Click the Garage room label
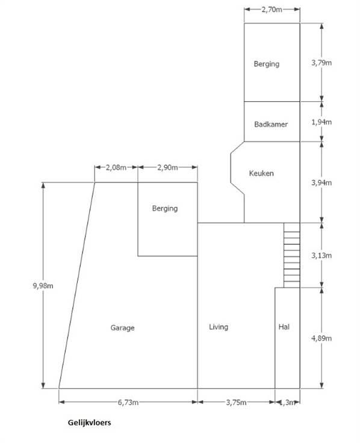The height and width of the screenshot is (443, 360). point(122,327)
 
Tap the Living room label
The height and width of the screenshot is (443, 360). point(219,327)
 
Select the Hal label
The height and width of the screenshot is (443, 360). point(284,327)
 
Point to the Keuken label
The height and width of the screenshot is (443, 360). point(261,173)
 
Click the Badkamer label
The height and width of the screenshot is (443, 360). point(271,125)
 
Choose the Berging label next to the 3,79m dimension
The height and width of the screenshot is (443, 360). point(267,64)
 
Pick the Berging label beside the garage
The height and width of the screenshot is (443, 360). point(165,208)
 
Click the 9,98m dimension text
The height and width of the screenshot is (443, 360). point(43,286)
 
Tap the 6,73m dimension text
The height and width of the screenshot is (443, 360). point(128,402)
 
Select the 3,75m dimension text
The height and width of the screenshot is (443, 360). point(236,402)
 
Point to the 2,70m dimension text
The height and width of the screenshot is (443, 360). point(272,10)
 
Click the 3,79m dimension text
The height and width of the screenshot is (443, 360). point(321,63)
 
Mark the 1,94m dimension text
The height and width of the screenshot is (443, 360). point(321,122)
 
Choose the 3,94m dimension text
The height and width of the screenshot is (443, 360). point(321,183)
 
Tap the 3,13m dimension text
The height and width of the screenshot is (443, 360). point(321,255)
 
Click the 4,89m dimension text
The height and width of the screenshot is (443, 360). point(321,338)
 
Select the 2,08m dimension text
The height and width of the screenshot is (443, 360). point(116,167)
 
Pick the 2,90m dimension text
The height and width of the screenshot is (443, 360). point(167,167)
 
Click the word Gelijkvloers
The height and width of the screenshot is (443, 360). point(89,423)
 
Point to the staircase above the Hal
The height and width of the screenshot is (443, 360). point(292,255)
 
